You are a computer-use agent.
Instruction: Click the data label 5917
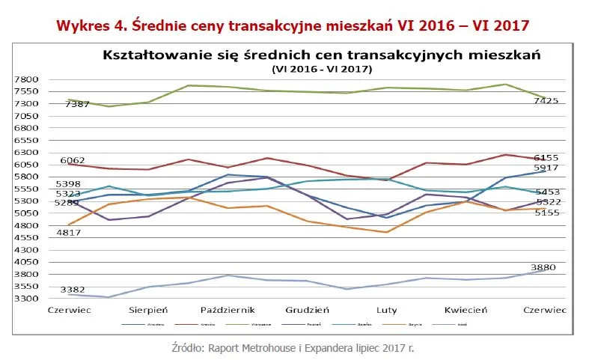pos(546,168)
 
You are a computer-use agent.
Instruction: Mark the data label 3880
pos(543,266)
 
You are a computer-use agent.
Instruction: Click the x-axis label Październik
pos(228,309)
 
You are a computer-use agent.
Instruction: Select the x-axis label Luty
pos(386,309)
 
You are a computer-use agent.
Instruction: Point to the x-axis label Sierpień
pos(149,309)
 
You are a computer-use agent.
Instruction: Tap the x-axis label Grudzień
pos(308,309)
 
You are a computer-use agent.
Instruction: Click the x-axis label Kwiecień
pos(466,309)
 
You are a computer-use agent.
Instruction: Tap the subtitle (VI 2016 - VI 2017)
pos(317,68)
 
